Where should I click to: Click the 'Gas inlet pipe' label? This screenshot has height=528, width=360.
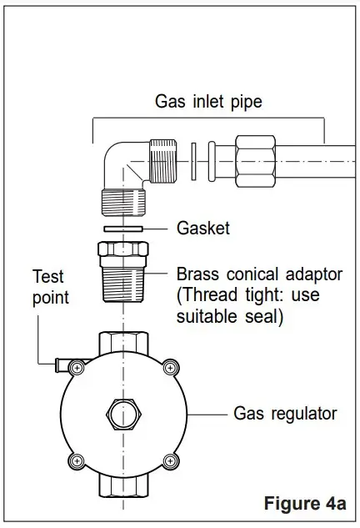[x=208, y=102]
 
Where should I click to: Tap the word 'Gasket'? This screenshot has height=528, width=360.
[x=202, y=227]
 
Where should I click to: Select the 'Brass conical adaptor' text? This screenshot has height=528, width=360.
[x=259, y=274]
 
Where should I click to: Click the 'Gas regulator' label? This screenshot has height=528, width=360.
[x=284, y=413]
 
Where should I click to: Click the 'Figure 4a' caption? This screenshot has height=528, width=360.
[x=304, y=504]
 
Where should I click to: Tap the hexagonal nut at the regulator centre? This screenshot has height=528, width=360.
[x=123, y=414]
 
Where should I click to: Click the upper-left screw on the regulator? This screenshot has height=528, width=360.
[x=77, y=367]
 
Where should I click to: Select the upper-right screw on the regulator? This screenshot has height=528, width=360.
[x=170, y=367]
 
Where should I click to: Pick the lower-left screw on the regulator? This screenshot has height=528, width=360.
[x=77, y=460]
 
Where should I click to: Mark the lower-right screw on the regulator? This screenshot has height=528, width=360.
[x=170, y=460]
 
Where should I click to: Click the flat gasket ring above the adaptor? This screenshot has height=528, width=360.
[x=123, y=227]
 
